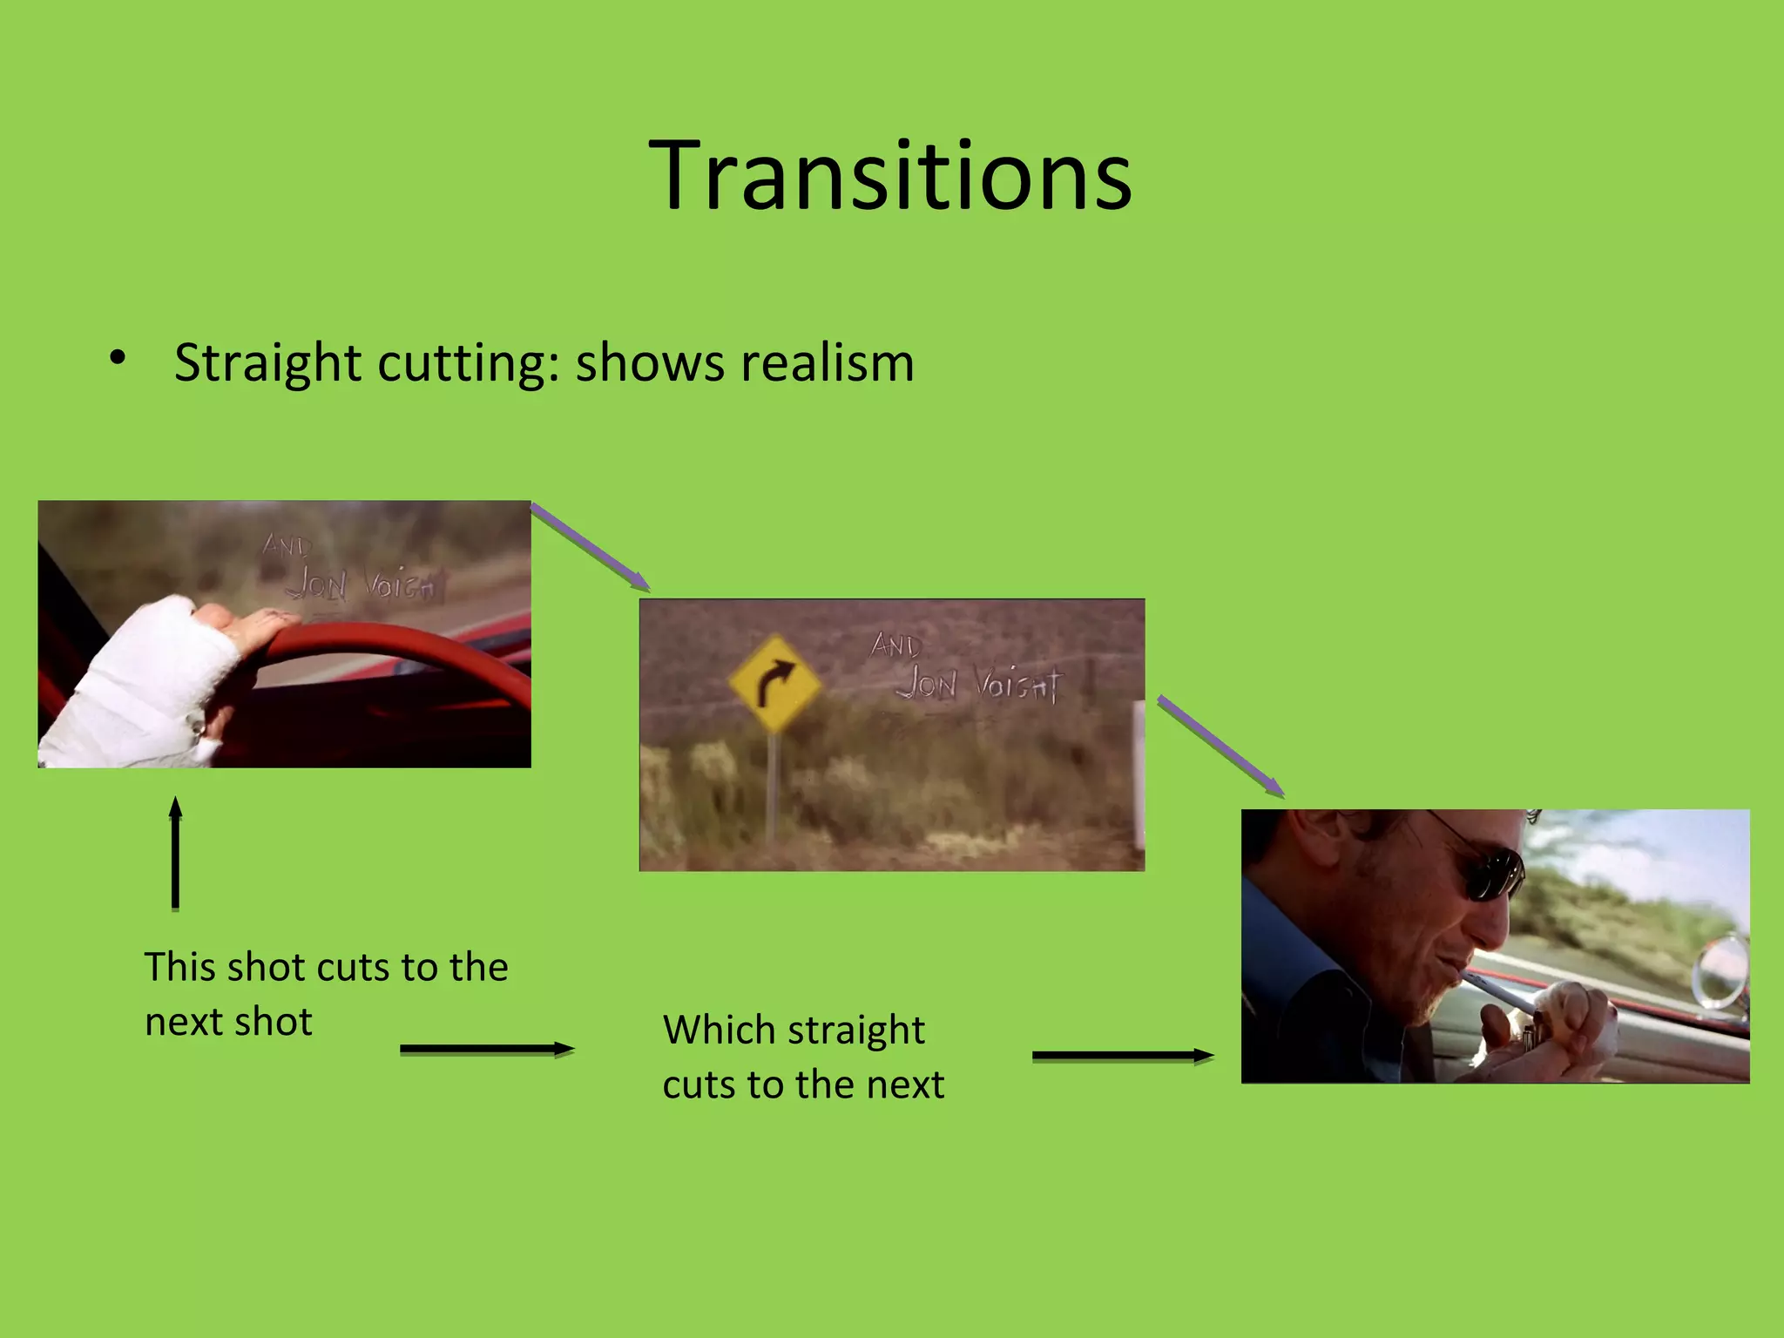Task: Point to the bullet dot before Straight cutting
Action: click(x=118, y=357)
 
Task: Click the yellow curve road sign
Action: click(x=774, y=683)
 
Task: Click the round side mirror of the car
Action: click(x=1721, y=971)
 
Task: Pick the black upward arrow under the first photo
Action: click(x=176, y=854)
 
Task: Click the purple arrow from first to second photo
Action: click(x=591, y=547)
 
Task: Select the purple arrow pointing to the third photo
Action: click(x=1220, y=746)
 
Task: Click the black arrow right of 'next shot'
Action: click(x=487, y=1049)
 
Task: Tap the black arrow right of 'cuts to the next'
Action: click(x=1123, y=1056)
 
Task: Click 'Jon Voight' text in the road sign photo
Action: click(x=981, y=684)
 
